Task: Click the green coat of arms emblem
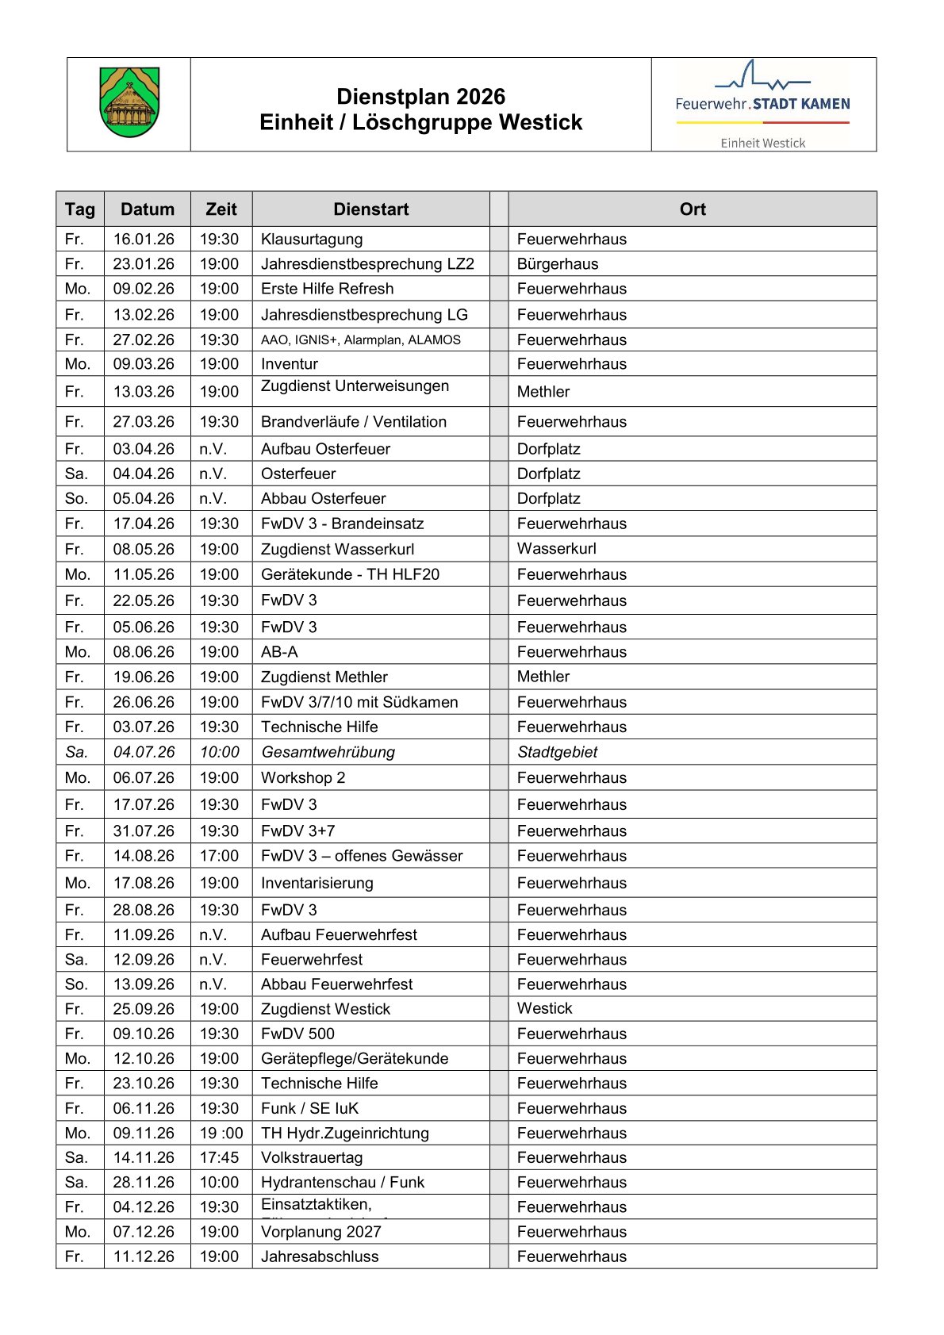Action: point(129,102)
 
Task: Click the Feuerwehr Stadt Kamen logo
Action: point(762,104)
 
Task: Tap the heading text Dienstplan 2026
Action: point(420,97)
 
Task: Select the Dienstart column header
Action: point(370,209)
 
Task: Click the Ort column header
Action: point(692,209)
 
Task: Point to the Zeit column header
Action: point(221,209)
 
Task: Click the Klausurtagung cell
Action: point(312,240)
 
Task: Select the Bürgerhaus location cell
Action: point(558,264)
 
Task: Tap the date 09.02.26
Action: point(144,289)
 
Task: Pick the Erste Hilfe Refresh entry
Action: point(327,289)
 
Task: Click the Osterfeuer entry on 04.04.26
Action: point(298,474)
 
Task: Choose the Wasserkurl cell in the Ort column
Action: point(556,549)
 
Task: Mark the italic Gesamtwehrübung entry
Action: point(328,752)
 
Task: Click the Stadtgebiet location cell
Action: point(557,752)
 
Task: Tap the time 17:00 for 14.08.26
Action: point(219,856)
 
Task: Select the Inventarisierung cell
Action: point(317,883)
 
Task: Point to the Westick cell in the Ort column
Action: point(544,1008)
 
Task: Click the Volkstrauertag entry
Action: point(312,1157)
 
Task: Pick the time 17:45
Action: point(219,1157)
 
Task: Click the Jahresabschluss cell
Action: point(320,1256)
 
